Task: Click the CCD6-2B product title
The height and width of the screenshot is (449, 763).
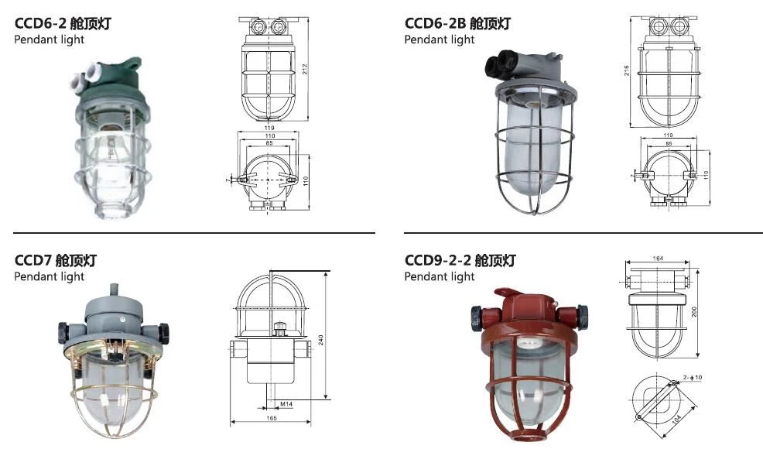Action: pos(457,23)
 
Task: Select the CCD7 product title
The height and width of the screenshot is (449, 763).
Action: pos(56,260)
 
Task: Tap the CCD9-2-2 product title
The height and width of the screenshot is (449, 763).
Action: pos(460,260)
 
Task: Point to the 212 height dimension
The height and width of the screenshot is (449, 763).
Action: pos(305,69)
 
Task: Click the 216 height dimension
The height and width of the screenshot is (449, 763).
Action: pos(627,70)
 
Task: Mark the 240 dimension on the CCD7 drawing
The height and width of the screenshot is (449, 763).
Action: pos(320,340)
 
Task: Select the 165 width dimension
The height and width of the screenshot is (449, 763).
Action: pos(272,418)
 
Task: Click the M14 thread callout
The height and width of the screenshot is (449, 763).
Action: pos(286,403)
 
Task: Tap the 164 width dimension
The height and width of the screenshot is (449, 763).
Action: pos(658,258)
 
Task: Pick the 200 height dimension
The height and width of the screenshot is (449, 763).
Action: pos(694,312)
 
